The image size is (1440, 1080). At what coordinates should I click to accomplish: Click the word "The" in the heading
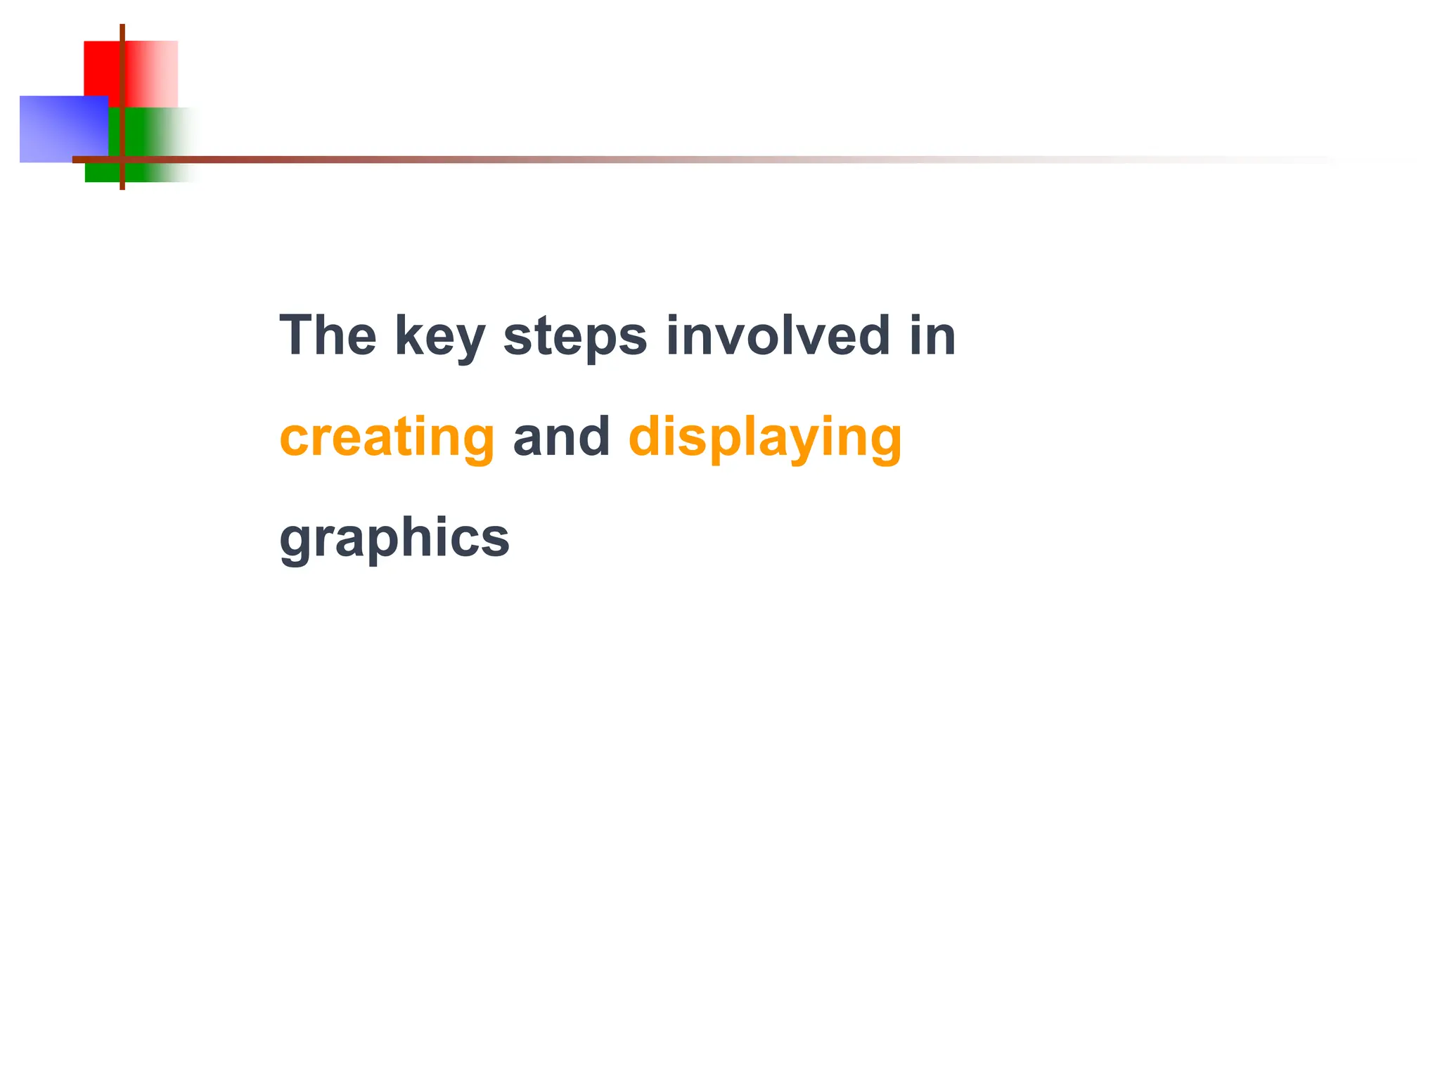(x=328, y=335)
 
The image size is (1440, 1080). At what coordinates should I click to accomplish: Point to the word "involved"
(x=778, y=335)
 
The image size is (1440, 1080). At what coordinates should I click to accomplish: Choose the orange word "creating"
(x=387, y=438)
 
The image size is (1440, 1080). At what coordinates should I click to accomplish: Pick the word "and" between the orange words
(x=561, y=437)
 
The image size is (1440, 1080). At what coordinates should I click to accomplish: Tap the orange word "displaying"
(x=764, y=438)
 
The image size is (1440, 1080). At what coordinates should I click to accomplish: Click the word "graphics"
(x=394, y=539)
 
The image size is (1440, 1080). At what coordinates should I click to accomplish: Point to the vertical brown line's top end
(x=122, y=27)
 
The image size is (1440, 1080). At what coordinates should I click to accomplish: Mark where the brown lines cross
(x=122, y=160)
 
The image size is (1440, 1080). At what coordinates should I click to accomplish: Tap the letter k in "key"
(x=409, y=335)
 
